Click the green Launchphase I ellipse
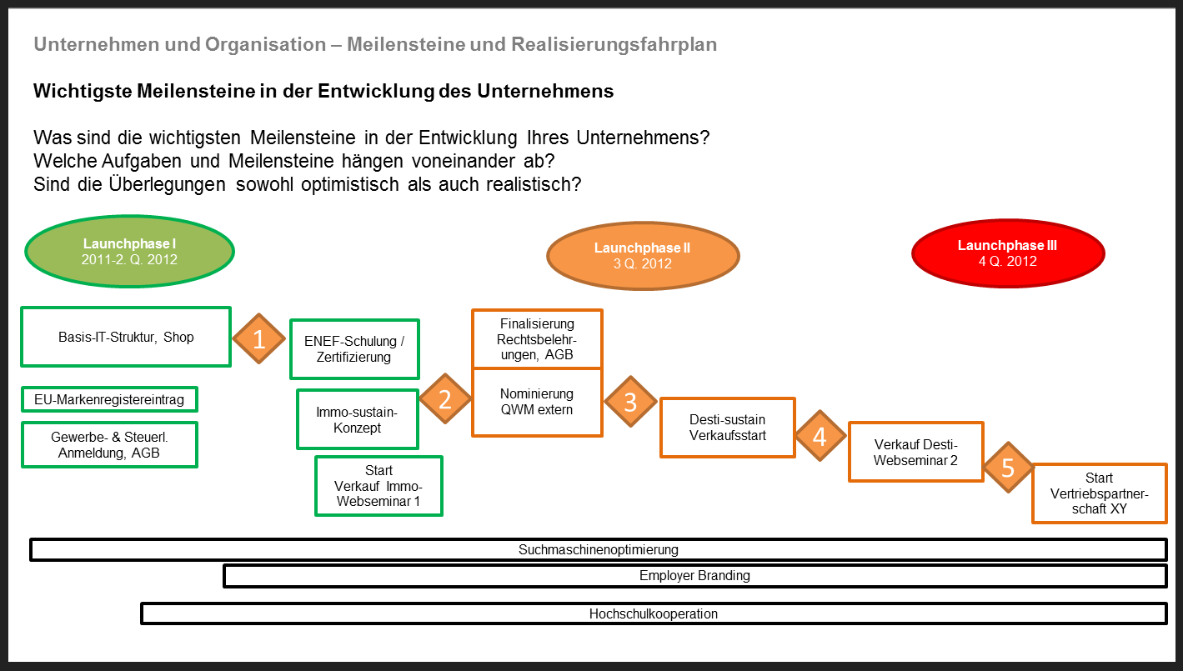[129, 251]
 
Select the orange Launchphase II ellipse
[643, 256]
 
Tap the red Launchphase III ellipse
[1008, 253]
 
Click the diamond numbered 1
[258, 338]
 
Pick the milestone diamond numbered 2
[445, 398]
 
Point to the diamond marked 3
[630, 402]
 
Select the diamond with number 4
[820, 436]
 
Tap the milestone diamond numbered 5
[1008, 468]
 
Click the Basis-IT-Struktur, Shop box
[126, 337]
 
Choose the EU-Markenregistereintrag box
[109, 399]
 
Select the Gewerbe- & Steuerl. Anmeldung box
[109, 444]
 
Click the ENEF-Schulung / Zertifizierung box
[354, 349]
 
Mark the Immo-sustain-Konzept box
[358, 420]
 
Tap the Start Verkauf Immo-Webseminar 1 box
[378, 486]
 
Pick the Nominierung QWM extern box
[537, 403]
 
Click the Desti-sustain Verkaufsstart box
[728, 428]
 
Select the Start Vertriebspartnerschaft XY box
[1100, 493]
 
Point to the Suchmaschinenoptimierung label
[599, 549]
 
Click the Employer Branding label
[694, 575]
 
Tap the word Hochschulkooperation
[654, 613]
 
